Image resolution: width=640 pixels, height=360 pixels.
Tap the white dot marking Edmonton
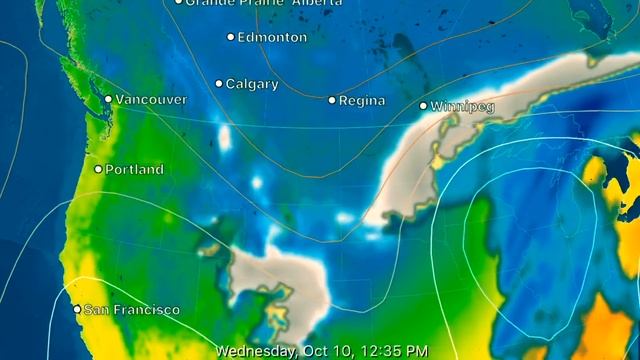click(231, 37)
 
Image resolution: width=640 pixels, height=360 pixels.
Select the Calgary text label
click(252, 84)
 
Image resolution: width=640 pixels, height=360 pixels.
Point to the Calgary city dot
click(219, 84)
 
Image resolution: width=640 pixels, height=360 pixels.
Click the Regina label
click(362, 101)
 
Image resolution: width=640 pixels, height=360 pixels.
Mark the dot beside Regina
click(332, 100)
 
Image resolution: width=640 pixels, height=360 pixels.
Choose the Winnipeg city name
click(462, 106)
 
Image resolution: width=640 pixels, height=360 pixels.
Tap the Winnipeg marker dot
click(423, 105)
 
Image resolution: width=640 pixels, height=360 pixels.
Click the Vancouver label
click(151, 99)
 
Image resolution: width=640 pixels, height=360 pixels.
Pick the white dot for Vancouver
click(109, 99)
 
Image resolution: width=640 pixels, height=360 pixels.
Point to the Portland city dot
click(98, 169)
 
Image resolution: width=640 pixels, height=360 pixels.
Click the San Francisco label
click(132, 310)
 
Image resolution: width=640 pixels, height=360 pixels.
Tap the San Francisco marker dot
click(77, 309)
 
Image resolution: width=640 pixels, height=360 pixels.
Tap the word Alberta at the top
click(289, 3)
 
